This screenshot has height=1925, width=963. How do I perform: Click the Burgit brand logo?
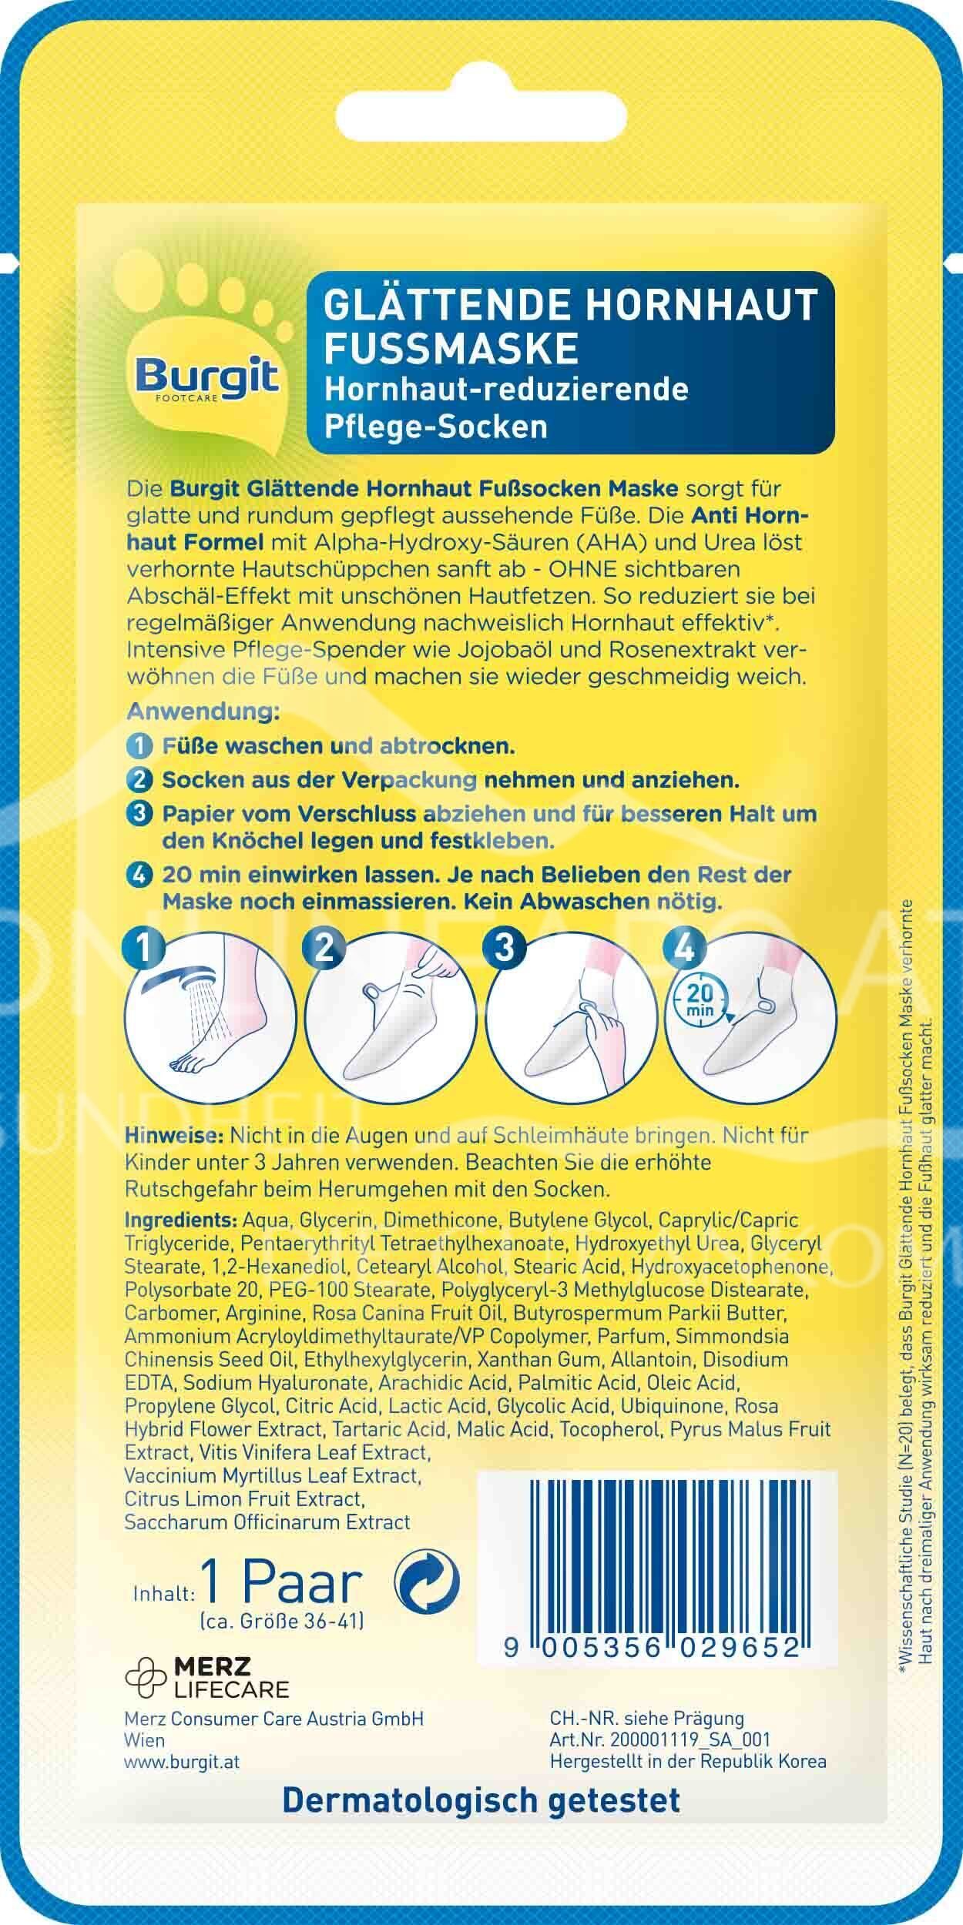(207, 377)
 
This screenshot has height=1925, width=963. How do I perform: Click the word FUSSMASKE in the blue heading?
(452, 348)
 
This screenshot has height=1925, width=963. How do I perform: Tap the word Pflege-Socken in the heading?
(437, 427)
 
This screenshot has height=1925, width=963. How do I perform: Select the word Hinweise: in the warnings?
(175, 1136)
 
